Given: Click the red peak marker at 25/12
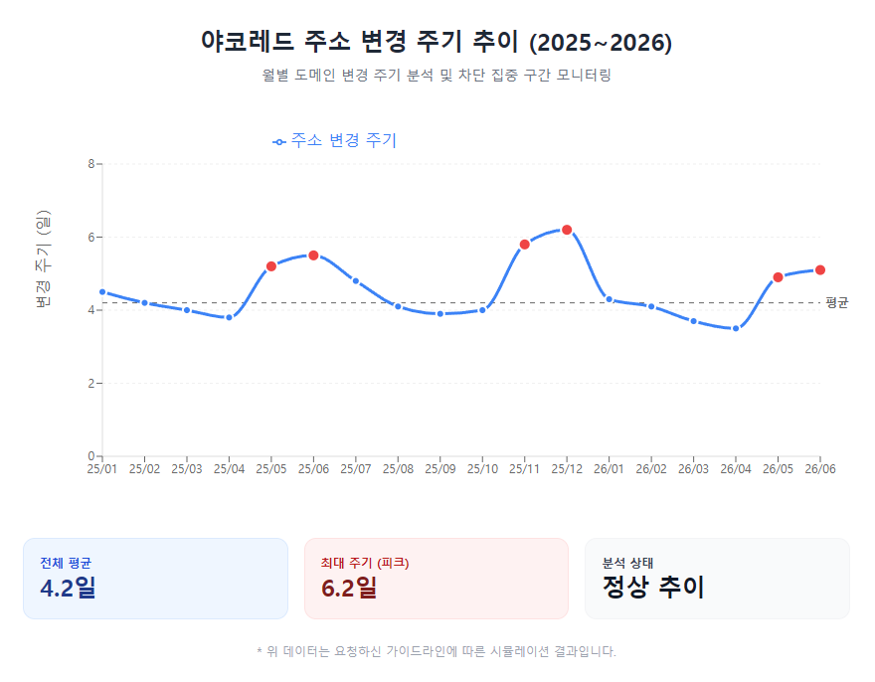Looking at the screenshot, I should coord(567,230).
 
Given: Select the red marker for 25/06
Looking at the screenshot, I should coord(313,256).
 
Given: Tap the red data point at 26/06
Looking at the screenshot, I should coord(820,270).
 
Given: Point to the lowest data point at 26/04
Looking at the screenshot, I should coord(736,328).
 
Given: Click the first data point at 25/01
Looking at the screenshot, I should coord(102,292).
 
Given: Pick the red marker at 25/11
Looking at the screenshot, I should coord(525,245).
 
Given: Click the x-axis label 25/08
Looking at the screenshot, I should coord(398,469).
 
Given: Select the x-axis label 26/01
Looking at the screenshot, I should coord(609,469).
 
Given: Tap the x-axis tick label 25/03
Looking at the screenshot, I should coord(186,469).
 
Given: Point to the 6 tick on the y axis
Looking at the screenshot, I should coord(90,238).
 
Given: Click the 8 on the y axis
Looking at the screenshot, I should coord(90,164).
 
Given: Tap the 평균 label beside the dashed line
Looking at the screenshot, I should coord(837,303).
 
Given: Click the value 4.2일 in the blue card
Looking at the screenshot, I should coord(68,588).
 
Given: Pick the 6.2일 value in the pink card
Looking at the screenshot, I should coord(349,588).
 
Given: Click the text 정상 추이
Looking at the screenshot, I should coord(653,588).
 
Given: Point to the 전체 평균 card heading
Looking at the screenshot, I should coord(66,563).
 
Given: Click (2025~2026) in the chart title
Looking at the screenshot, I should coord(601,43).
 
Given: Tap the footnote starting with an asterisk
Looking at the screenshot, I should coord(437,652).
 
